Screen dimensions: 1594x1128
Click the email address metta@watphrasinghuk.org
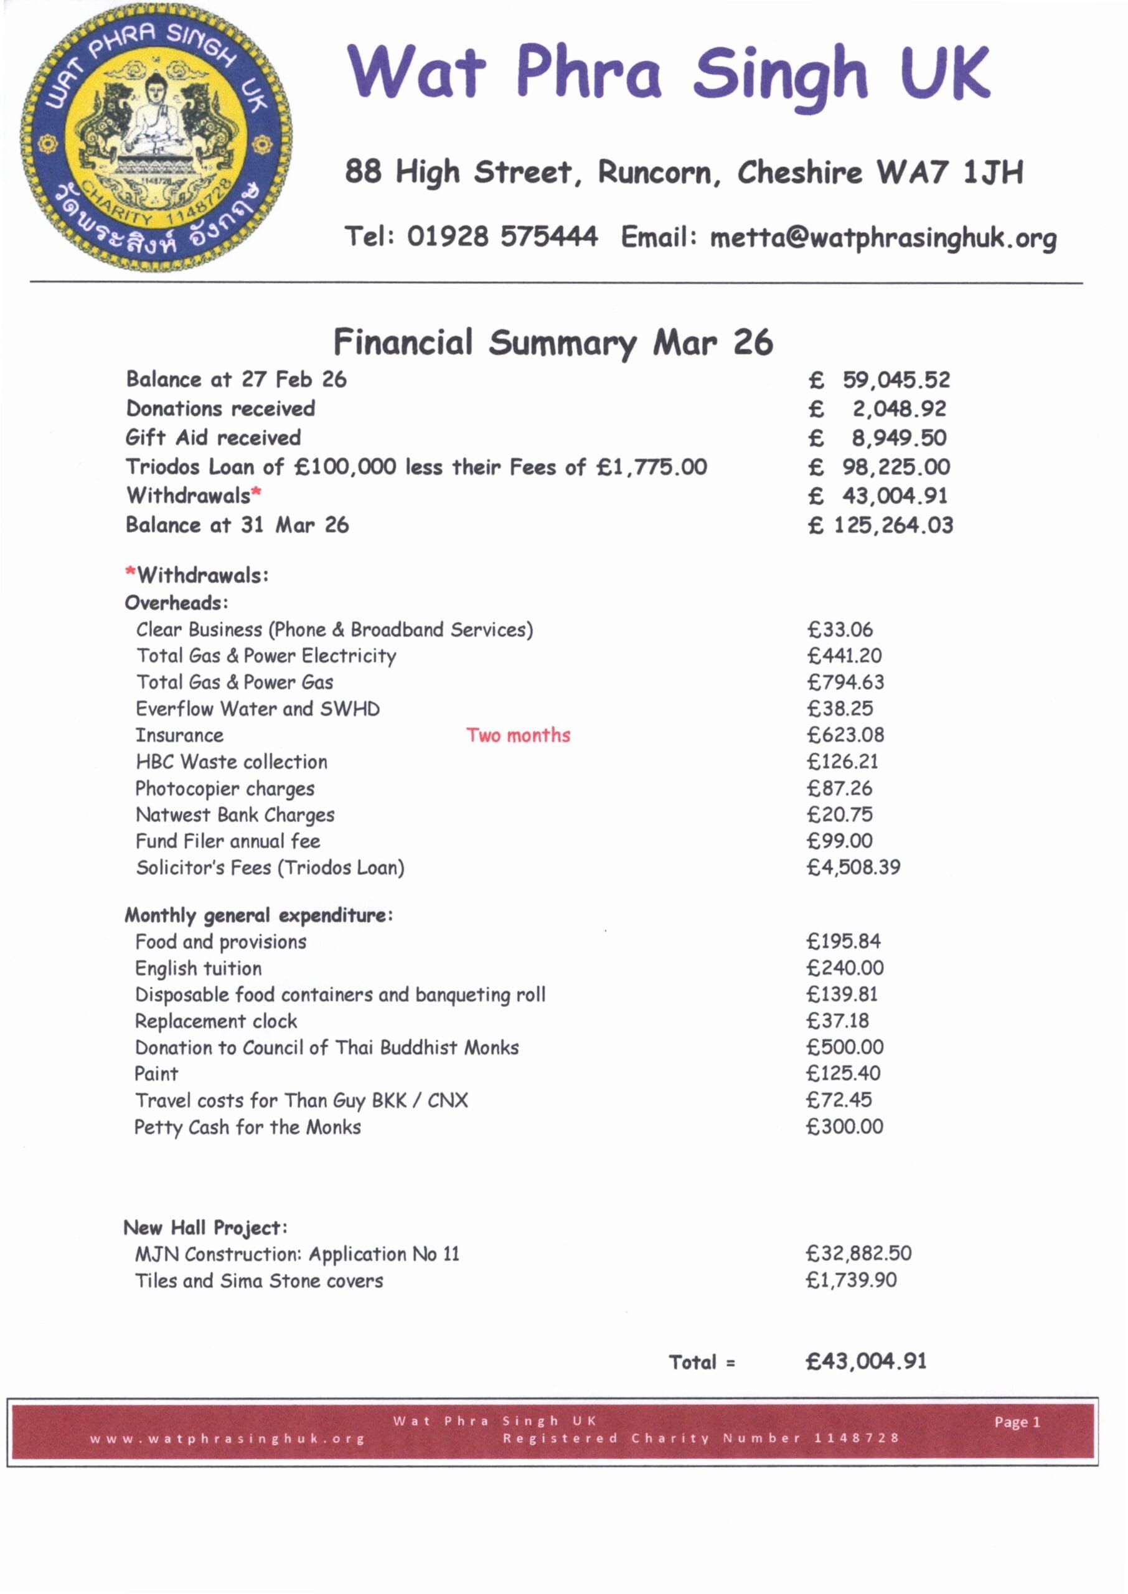tap(883, 238)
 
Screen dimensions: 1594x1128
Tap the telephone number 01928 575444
tap(502, 237)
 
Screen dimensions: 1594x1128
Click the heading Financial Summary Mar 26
tap(553, 343)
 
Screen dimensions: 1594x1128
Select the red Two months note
tap(518, 735)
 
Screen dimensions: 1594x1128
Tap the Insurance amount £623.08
tap(846, 735)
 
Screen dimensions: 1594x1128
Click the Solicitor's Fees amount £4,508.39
tap(853, 867)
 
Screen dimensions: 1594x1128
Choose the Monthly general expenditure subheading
tap(258, 915)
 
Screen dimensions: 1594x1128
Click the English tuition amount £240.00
tap(845, 968)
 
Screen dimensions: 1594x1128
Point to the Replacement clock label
tap(216, 1022)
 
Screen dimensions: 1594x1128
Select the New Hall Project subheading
tap(205, 1228)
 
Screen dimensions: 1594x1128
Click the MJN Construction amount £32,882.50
tap(858, 1253)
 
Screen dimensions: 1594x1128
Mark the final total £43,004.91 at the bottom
tap(865, 1361)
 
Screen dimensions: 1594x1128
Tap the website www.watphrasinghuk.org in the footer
tap(227, 1438)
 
